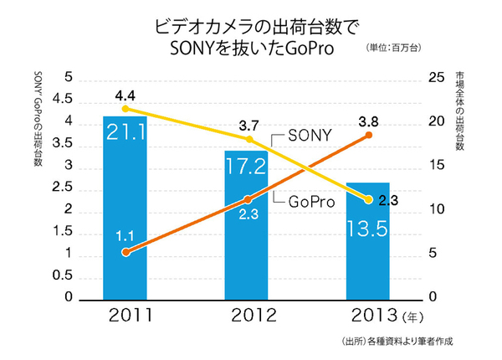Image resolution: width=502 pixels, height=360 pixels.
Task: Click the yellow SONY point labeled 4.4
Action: [x=125, y=109]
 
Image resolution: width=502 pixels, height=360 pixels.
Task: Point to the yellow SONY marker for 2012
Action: [x=248, y=139]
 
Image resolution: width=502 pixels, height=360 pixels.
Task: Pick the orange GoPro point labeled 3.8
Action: [x=369, y=135]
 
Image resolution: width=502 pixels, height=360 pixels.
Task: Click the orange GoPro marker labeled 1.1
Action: [x=125, y=252]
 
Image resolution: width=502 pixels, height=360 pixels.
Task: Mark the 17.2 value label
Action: [x=247, y=166]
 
